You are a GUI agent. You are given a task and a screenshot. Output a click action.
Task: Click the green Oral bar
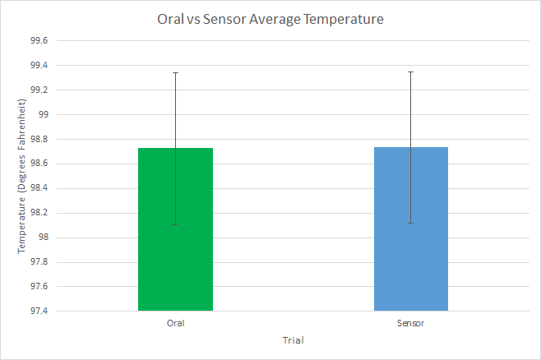pyautogui.click(x=175, y=247)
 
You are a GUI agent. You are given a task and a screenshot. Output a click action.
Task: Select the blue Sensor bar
pyautogui.click(x=410, y=247)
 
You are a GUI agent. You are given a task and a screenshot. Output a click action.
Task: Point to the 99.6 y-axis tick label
pyautogui.click(x=38, y=40)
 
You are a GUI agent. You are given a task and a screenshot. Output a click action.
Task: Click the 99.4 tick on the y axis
pyautogui.click(x=38, y=65)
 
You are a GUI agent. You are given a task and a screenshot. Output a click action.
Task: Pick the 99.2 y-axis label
pyautogui.click(x=38, y=90)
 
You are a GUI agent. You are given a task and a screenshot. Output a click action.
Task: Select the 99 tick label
pyautogui.click(x=43, y=114)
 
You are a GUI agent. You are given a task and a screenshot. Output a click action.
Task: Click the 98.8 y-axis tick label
pyautogui.click(x=38, y=139)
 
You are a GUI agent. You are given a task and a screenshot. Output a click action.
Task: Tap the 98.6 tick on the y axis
pyautogui.click(x=38, y=164)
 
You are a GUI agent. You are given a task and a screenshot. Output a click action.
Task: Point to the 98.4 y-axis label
pyautogui.click(x=38, y=188)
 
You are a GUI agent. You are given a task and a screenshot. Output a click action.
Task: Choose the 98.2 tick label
pyautogui.click(x=38, y=213)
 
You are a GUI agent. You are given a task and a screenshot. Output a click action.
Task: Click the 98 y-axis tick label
pyautogui.click(x=43, y=238)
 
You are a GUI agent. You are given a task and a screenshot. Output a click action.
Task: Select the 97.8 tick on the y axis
pyautogui.click(x=38, y=262)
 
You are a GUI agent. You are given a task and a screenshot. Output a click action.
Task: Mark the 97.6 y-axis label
pyautogui.click(x=38, y=287)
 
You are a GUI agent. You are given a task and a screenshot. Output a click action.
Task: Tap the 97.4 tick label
pyautogui.click(x=38, y=312)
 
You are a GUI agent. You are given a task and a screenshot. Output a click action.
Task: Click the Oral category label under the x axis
pyautogui.click(x=175, y=323)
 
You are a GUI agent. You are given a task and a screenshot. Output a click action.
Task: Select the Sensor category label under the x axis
pyautogui.click(x=410, y=323)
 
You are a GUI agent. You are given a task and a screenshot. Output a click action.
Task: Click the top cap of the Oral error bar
pyautogui.click(x=175, y=72)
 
